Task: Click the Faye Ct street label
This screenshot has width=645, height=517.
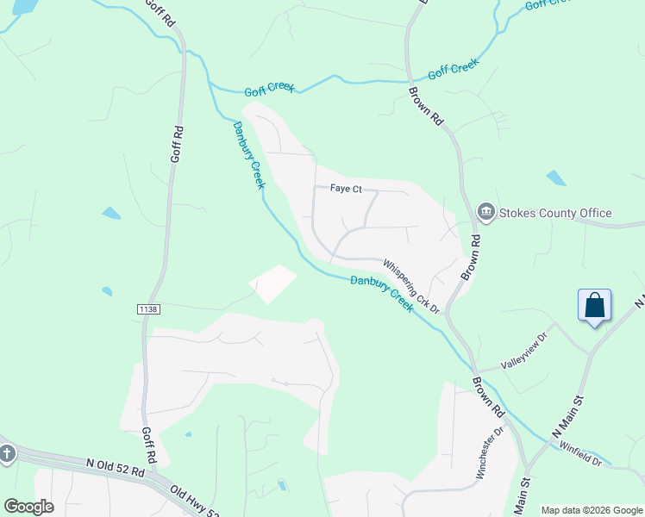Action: coord(345,189)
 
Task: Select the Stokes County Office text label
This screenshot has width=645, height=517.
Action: coord(557,213)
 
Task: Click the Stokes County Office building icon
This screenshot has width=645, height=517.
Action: coord(485,213)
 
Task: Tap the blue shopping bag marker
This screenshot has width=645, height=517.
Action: coord(594,305)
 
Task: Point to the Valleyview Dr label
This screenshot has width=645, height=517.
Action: coord(524,351)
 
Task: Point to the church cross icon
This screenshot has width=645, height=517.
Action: coord(7,453)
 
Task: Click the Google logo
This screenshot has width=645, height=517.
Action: coord(28,507)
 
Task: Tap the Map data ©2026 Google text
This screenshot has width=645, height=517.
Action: coord(592,510)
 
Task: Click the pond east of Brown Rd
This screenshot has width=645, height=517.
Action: coord(556,178)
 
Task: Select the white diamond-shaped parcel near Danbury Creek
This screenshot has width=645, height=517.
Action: coord(272,283)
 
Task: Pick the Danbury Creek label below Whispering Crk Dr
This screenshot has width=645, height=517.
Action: coord(382,292)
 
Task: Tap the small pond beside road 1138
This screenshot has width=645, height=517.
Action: coord(107,291)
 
